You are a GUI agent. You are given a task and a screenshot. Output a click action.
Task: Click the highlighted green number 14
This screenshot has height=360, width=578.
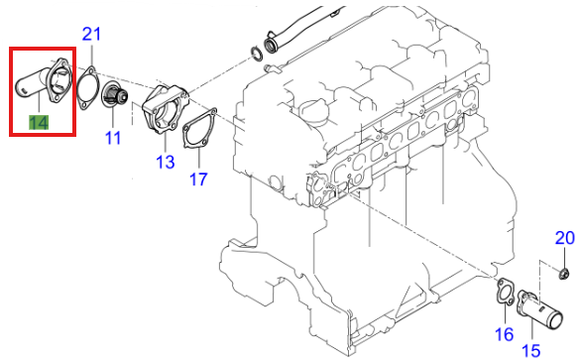(x=38, y=123)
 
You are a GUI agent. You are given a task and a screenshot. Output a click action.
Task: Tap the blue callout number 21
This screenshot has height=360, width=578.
(x=91, y=35)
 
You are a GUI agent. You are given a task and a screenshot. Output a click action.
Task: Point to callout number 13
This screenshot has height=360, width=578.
(x=165, y=161)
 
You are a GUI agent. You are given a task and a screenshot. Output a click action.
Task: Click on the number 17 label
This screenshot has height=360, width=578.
(x=198, y=180)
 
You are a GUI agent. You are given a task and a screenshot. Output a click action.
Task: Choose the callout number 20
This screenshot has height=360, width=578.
(x=563, y=238)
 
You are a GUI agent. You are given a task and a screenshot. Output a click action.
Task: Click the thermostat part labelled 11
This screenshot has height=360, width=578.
(x=116, y=97)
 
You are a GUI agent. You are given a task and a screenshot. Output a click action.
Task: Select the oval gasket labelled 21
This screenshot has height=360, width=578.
(x=86, y=87)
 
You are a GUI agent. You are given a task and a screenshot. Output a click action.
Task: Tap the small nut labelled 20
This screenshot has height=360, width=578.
(x=562, y=273)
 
